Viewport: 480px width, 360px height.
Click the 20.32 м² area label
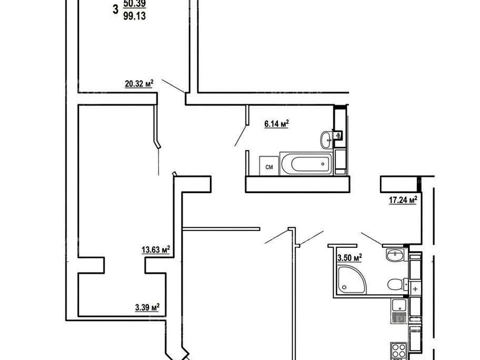click(139, 83)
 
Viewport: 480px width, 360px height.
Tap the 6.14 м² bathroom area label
click(276, 124)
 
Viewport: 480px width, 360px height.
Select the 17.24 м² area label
click(403, 200)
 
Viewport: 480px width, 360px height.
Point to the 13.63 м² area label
click(156, 250)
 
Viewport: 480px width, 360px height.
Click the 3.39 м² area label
click(147, 307)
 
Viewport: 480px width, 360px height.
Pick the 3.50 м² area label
click(349, 258)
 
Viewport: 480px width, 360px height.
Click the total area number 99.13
click(134, 16)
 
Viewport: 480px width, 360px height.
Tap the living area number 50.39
click(134, 3)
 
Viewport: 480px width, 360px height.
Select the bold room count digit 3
click(115, 9)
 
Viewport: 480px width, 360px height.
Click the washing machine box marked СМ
click(269, 166)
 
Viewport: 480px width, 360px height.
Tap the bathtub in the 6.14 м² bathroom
click(306, 164)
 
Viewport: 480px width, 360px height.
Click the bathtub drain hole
click(323, 164)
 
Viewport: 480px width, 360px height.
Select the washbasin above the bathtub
click(327, 140)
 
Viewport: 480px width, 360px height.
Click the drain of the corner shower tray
click(344, 287)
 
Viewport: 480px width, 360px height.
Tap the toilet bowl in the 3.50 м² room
click(396, 284)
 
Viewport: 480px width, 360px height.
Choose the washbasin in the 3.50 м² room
click(396, 254)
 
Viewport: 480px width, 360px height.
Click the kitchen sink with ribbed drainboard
click(399, 310)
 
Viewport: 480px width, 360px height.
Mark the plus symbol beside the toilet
click(415, 289)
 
